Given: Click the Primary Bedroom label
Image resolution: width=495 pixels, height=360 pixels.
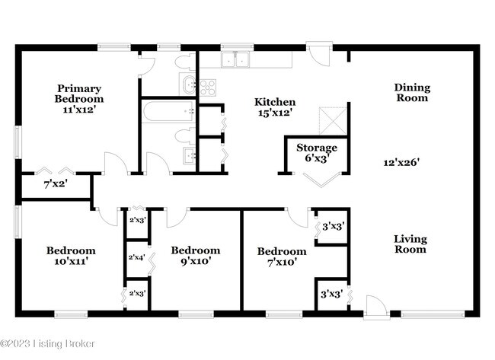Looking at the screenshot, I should [78, 99].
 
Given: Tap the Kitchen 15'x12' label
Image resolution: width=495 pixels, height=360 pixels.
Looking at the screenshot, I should [275, 107].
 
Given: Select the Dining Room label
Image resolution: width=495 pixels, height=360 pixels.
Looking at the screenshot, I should [411, 92].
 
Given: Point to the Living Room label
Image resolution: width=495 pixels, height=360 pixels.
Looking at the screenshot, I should [410, 244].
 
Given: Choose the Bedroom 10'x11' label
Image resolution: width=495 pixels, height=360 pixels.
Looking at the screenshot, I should [71, 256].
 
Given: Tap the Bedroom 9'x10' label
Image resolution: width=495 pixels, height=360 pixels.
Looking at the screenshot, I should [195, 256].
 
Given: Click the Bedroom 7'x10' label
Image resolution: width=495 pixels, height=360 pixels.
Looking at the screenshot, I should [281, 257].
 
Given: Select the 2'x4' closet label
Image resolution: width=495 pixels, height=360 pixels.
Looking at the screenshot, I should [136, 257].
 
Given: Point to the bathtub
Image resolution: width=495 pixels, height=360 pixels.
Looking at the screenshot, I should [168, 113].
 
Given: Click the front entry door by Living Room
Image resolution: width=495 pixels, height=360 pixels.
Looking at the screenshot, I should [375, 307].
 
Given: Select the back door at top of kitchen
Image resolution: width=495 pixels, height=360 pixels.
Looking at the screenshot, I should [318, 53].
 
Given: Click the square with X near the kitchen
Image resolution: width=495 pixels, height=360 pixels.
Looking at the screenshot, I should [330, 119].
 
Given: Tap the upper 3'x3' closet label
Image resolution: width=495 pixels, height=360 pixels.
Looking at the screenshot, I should [332, 227].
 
